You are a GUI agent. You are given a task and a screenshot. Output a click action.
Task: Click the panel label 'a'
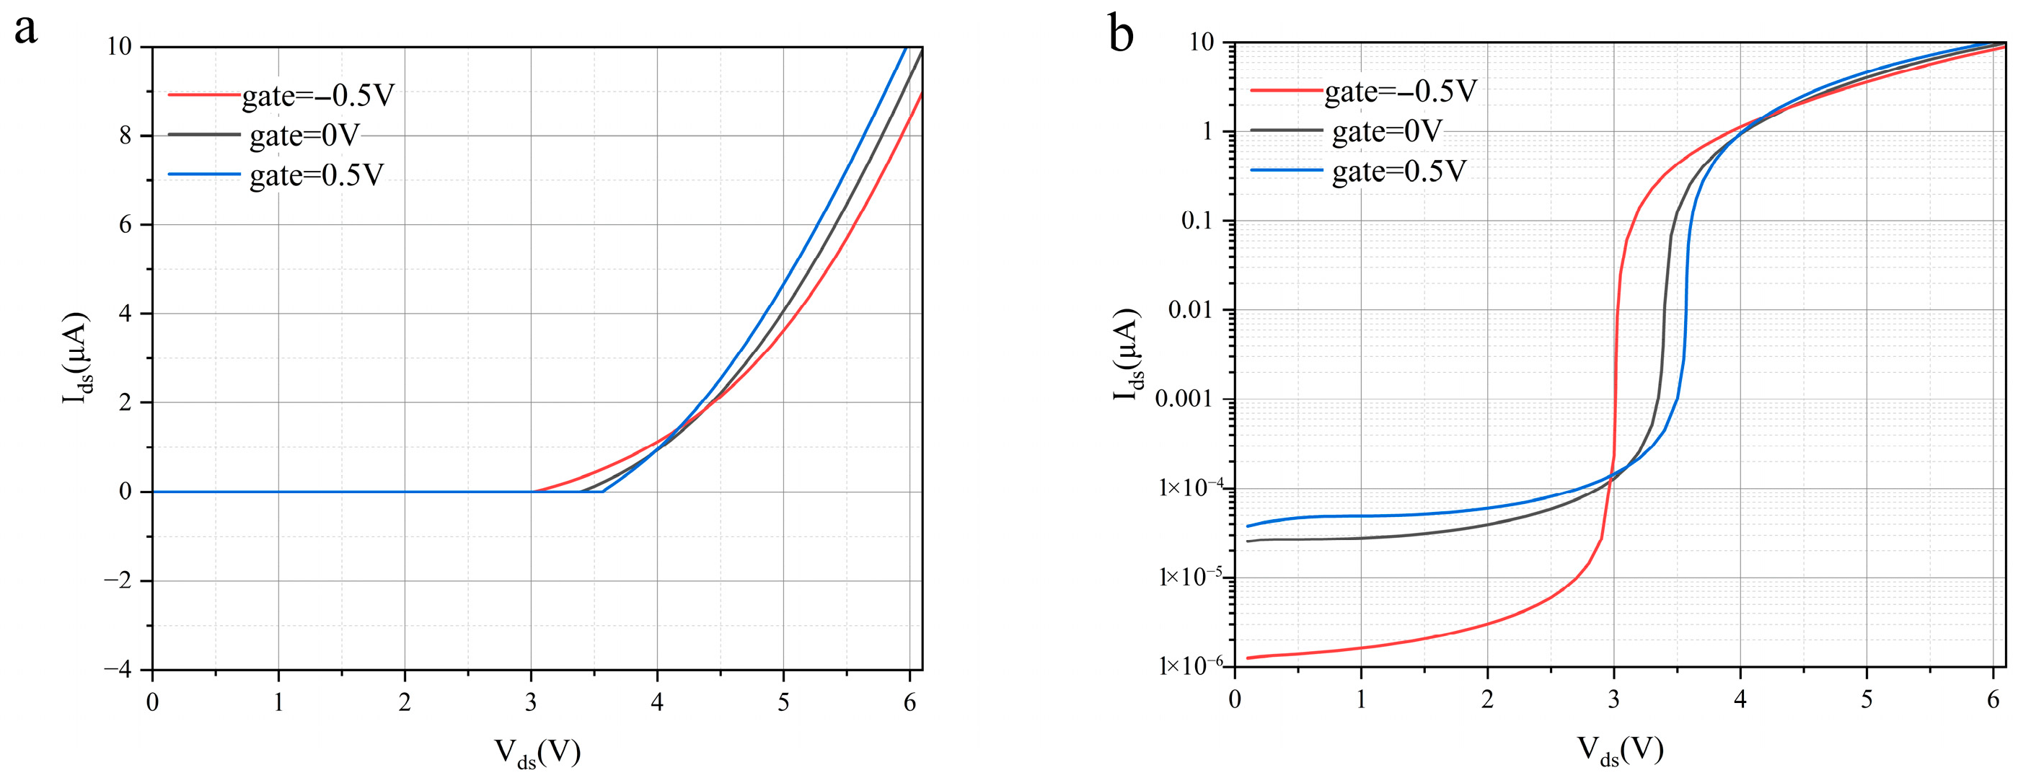coord(26,30)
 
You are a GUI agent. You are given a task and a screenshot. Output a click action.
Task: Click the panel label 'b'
coord(1121,35)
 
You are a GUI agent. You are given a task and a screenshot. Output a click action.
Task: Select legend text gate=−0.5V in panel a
coord(318,96)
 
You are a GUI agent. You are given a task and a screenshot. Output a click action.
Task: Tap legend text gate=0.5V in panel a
coord(317,175)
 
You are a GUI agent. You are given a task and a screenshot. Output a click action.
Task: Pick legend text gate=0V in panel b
coord(1387,132)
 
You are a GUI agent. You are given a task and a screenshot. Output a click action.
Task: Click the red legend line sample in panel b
coord(1285,91)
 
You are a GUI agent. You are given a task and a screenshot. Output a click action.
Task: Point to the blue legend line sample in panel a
coord(203,174)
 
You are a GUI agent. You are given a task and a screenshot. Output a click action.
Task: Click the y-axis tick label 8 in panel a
coord(125,136)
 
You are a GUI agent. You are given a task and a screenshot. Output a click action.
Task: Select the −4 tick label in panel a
coord(118,670)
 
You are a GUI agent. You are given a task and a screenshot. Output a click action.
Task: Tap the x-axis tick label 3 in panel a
coord(531,703)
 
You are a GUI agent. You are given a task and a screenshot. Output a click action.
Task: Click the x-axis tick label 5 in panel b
coord(1867,699)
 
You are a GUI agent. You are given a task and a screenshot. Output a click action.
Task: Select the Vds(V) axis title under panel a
coord(537,753)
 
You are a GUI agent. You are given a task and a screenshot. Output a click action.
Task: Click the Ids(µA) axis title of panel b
coord(1127,354)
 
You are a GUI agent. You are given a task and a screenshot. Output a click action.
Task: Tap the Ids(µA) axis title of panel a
coord(76,358)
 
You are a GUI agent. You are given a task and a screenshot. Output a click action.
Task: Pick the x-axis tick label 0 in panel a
coord(152,703)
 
